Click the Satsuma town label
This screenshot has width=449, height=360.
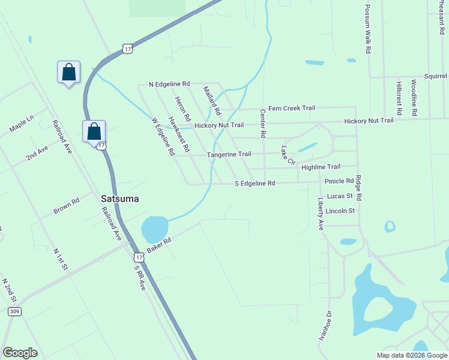point(119,198)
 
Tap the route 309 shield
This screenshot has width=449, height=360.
point(15,311)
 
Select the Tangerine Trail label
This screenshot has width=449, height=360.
point(229,154)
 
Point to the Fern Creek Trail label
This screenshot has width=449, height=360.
point(291,108)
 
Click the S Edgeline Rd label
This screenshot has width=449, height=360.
point(255,183)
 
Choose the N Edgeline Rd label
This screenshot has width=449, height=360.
point(169,84)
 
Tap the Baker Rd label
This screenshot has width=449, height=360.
point(159,244)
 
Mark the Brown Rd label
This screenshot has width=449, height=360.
point(66,206)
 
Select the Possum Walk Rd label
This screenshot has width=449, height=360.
point(367,30)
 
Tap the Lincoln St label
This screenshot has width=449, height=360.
point(340,211)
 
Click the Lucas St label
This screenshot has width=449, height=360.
point(339,196)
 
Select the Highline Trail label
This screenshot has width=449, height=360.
point(321,167)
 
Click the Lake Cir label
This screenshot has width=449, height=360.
point(288,155)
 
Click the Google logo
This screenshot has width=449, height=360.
point(20,353)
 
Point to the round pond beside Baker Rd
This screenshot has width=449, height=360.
point(154,228)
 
